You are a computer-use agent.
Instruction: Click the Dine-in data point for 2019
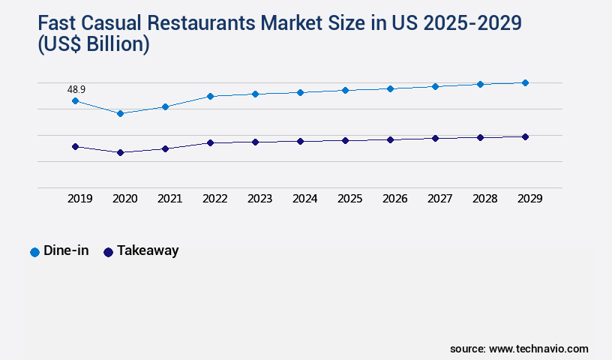point(75,100)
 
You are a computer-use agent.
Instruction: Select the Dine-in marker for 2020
point(120,113)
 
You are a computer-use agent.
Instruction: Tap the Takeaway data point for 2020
point(120,152)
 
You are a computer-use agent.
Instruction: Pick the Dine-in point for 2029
point(525,82)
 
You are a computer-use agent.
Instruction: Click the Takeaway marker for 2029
point(525,136)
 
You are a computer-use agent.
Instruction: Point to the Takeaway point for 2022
point(210,142)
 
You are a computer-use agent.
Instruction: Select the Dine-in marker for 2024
point(300,92)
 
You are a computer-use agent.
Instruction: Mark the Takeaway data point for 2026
point(390,139)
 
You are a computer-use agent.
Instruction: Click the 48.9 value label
point(76,89)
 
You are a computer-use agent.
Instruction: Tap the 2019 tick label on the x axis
point(79,199)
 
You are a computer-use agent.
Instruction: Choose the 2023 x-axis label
point(259,199)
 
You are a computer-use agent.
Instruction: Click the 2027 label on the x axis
point(439,199)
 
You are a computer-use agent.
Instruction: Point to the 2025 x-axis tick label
point(349,199)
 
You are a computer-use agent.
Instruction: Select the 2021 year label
point(169,199)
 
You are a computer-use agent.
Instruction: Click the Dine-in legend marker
point(34,252)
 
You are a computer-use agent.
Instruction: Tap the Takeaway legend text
point(148,250)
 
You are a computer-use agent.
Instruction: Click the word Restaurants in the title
point(192,22)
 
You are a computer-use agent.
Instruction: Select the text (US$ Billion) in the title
point(93,45)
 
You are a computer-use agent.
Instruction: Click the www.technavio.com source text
point(538,349)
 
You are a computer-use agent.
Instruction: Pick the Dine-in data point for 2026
point(390,88)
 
